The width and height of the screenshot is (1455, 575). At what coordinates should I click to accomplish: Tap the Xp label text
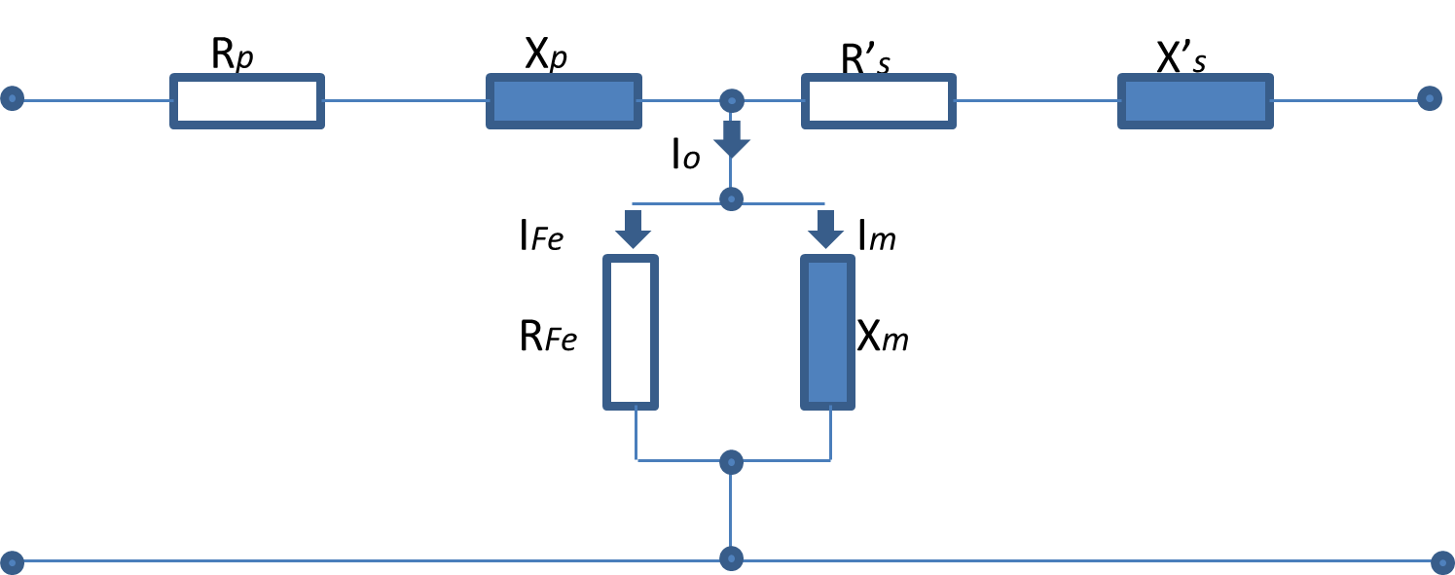(545, 56)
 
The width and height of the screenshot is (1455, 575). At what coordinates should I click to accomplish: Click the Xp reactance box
(564, 100)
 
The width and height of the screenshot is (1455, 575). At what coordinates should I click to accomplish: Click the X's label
(1181, 60)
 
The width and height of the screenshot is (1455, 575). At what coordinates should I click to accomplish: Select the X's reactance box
(1195, 100)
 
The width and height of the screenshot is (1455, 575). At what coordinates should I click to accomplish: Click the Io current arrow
(731, 140)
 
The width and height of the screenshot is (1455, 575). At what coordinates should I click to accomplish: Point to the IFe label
(541, 236)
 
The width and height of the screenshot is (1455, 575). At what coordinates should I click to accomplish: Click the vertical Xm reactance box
(827, 331)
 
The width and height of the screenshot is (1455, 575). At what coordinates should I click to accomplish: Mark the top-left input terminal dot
(13, 98)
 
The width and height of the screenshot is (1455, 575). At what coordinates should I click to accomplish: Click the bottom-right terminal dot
(1442, 561)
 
